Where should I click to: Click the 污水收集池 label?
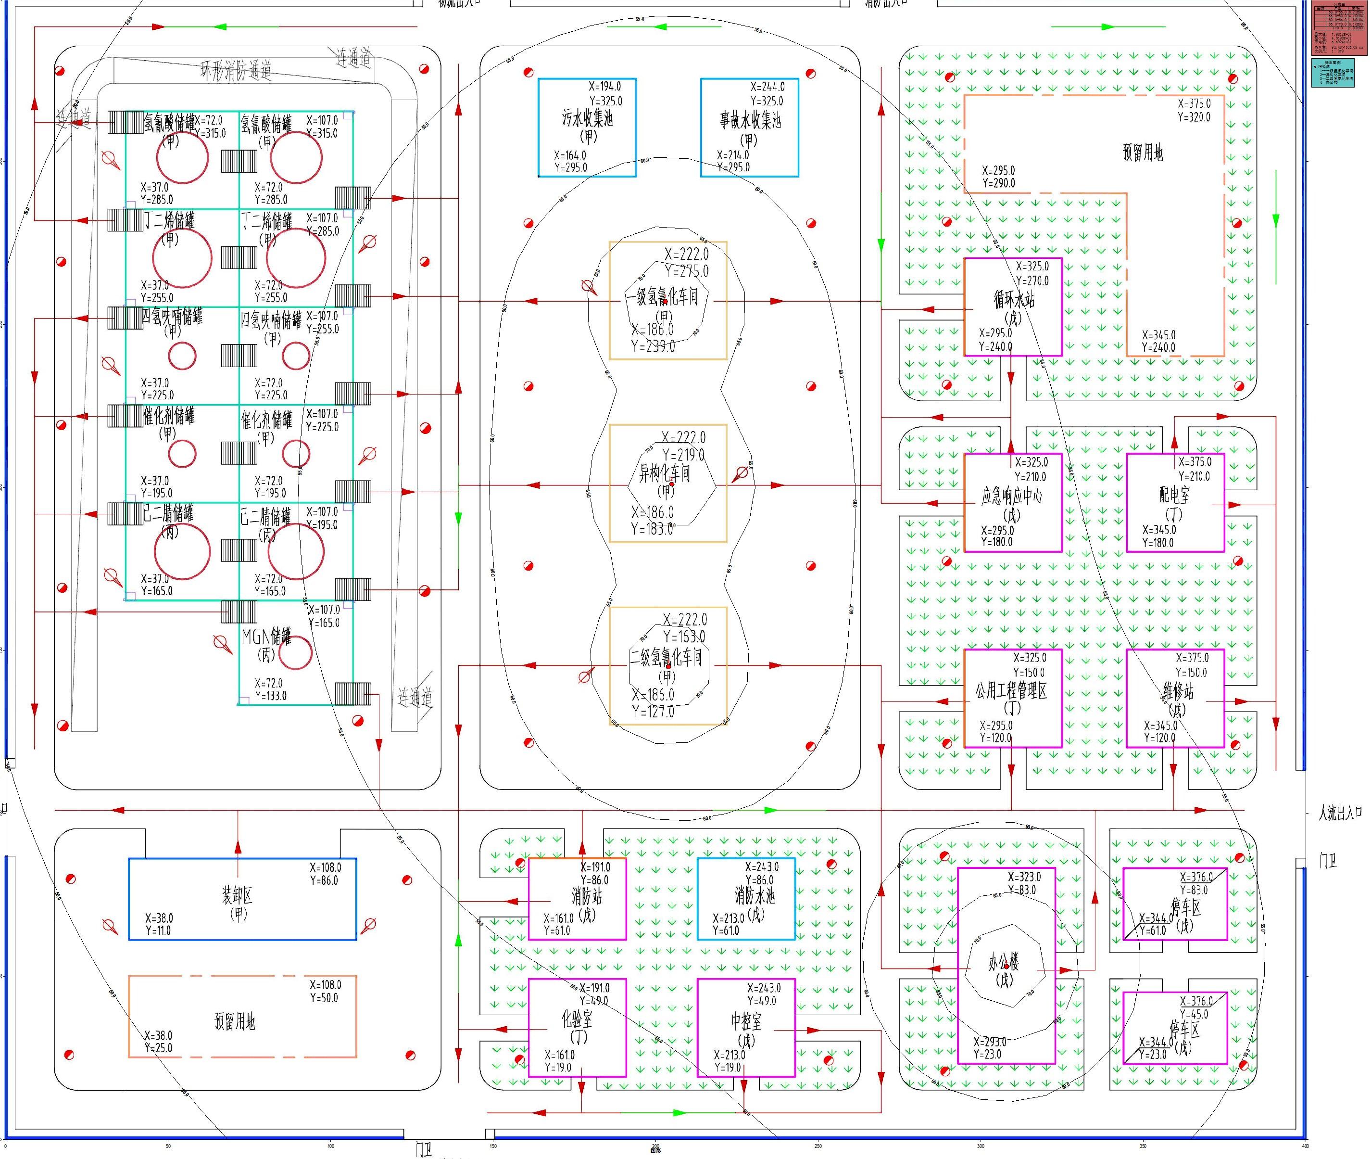587,118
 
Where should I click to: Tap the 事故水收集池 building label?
749,120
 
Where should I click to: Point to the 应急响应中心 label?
1011,496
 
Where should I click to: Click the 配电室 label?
1174,495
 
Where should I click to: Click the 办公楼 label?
1004,963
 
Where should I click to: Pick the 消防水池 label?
755,895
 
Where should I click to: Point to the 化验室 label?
577,1019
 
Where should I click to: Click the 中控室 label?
746,1020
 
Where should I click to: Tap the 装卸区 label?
237,895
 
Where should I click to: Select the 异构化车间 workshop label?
665,473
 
